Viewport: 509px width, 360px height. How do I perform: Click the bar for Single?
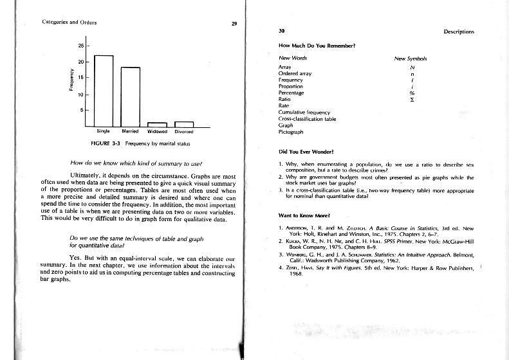(104, 91)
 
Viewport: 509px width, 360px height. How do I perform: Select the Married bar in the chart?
(130, 96)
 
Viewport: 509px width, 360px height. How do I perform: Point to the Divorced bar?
(184, 124)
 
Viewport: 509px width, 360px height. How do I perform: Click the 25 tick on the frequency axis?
(81, 46)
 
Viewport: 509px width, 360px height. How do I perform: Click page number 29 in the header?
(234, 24)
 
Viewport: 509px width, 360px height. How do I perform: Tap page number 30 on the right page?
(282, 31)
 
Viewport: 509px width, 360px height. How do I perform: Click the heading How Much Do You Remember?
(317, 46)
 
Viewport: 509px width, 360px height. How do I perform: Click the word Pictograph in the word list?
(290, 131)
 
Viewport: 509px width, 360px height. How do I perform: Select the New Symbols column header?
(410, 59)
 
